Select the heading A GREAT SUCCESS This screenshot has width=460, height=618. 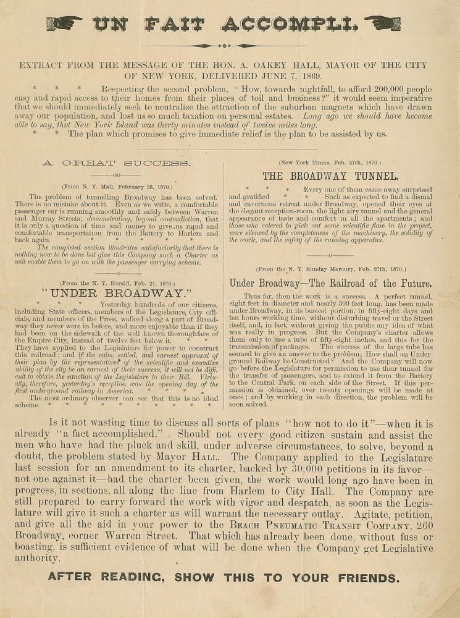(x=115, y=163)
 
